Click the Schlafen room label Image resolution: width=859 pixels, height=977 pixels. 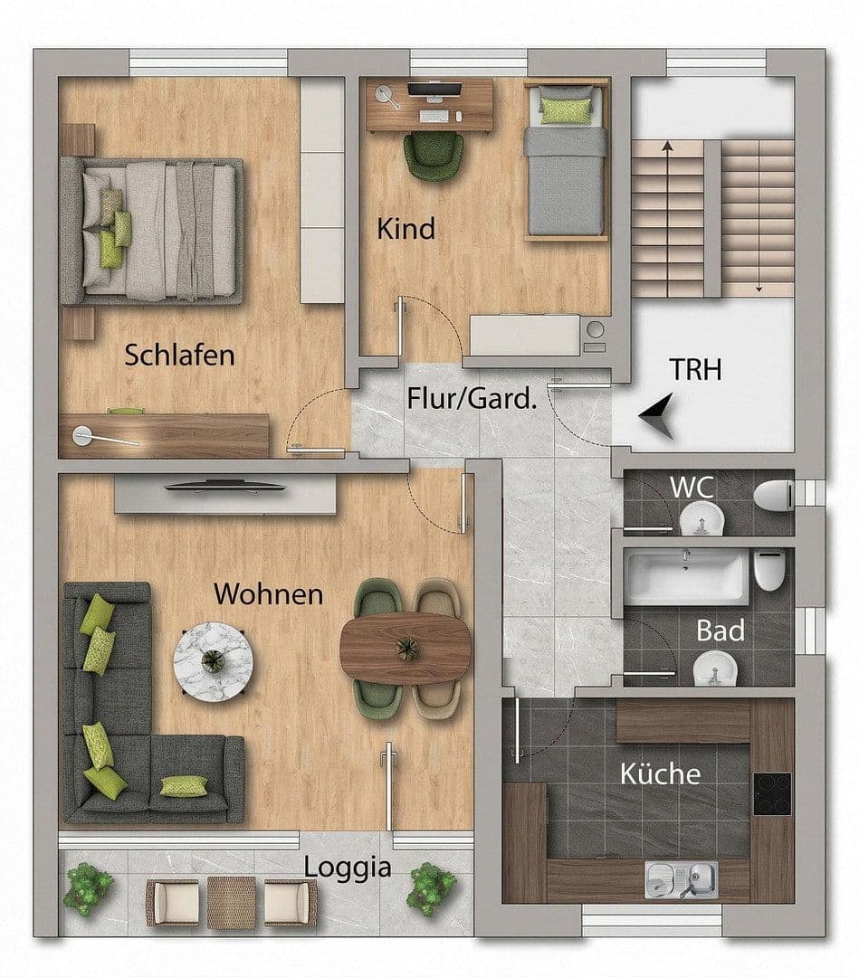179,355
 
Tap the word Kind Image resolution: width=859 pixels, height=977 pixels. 406,228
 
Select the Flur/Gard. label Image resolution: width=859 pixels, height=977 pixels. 472,398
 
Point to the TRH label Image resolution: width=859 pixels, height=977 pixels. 695,369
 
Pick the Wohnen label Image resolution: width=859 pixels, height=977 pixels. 268,594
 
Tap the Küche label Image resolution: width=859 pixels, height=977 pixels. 660,774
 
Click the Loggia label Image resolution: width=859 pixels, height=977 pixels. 348,868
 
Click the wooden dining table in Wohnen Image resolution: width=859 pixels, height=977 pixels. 406,648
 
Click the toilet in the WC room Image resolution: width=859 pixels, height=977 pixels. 775,497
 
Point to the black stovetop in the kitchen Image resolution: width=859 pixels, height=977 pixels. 771,793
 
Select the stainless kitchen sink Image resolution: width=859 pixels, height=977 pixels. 682,879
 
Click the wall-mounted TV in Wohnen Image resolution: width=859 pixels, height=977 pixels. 225,487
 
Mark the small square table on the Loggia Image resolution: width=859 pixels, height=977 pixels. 231,902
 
